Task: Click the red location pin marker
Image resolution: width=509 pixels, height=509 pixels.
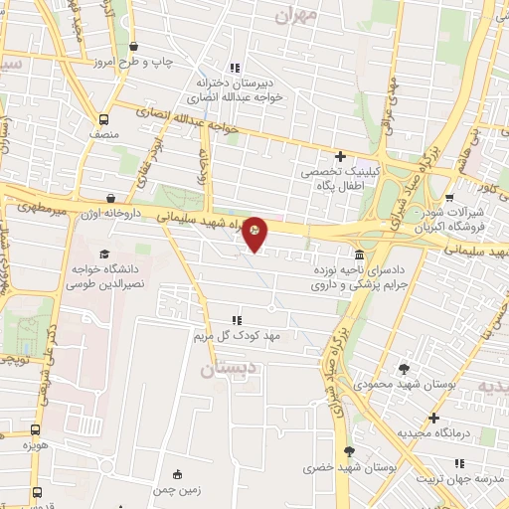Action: [254, 233]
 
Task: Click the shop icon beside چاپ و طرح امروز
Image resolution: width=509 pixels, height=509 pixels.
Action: [134, 46]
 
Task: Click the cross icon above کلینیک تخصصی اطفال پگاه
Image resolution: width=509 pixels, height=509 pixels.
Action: [341, 156]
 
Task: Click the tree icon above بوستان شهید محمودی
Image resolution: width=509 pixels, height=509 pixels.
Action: [402, 368]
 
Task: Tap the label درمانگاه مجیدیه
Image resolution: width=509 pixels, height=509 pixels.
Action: [432, 433]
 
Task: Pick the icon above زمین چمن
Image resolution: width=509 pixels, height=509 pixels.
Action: [177, 473]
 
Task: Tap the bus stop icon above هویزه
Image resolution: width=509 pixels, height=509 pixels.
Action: [37, 430]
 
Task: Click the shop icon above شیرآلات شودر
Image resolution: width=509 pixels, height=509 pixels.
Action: [450, 197]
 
